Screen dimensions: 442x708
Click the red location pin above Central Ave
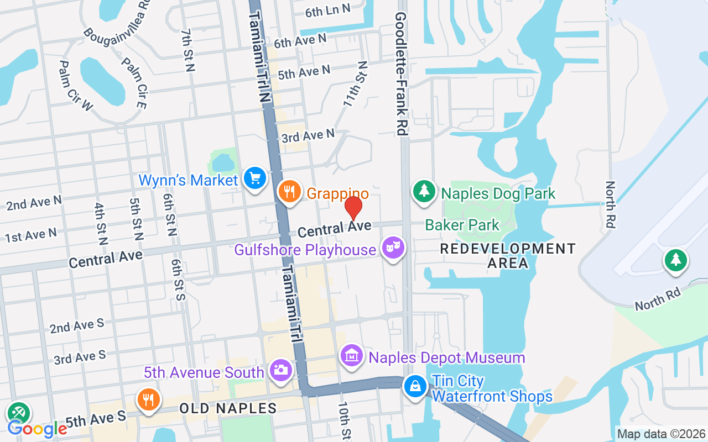point(353,208)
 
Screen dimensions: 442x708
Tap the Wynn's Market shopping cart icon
point(255,179)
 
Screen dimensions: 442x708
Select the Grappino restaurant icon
point(289,192)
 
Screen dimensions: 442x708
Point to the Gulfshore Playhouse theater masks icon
point(393,248)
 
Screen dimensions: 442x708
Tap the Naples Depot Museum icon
point(352,356)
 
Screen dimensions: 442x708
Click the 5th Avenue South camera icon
point(282,370)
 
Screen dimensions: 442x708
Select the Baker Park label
point(462,225)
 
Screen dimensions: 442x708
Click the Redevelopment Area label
point(508,256)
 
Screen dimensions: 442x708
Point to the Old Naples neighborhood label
point(228,409)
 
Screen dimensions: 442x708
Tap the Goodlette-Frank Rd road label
point(401,74)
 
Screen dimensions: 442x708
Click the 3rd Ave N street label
point(308,135)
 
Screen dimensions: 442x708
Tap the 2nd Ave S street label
point(77,325)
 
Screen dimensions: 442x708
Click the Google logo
point(37,429)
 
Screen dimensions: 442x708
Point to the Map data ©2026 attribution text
point(662,434)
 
